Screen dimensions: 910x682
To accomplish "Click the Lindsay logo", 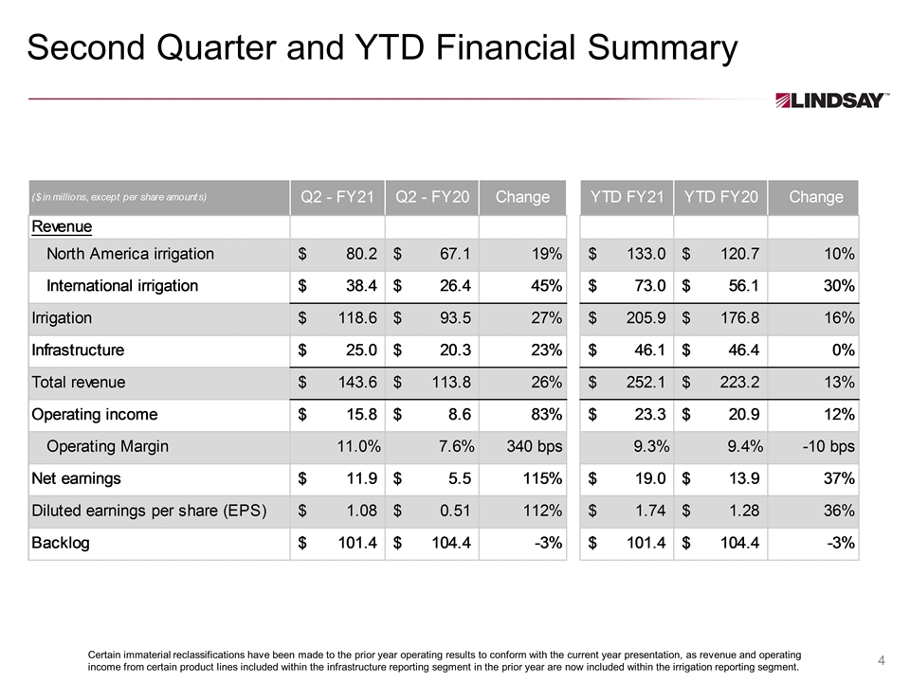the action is pos(831,100).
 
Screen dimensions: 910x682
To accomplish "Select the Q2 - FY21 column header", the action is pos(337,197).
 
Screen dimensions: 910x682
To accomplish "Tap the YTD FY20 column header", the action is pos(720,197).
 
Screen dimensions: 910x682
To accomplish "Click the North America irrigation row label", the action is pos(130,254).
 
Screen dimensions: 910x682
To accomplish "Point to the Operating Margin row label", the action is pos(107,446).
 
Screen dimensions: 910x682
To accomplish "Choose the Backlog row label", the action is pos(61,543).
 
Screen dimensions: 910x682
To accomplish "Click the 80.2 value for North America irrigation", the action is pos(361,254).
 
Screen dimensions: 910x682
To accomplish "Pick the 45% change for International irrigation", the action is pos(546,286).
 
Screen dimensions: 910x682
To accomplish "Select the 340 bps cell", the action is pos(535,446).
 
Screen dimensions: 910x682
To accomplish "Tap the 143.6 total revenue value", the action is pos(357,382).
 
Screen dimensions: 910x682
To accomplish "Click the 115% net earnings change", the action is pos(542,478).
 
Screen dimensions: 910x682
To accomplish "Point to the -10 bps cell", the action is pos(828,446).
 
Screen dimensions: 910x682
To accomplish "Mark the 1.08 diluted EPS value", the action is pos(361,511).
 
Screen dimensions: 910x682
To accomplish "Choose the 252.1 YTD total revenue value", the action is pos(646,382).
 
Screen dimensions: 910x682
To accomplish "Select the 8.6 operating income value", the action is pos(460,415).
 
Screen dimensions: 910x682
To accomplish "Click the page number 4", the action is pos(881,660).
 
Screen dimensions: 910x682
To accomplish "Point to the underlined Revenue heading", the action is pos(62,226).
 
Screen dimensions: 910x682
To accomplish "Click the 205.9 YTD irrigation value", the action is pos(646,318).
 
